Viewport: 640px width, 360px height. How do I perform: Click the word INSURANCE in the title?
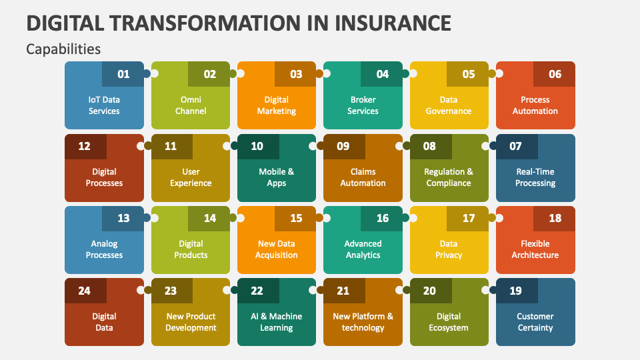tap(389, 22)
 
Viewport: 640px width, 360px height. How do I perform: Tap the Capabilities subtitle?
tap(63, 49)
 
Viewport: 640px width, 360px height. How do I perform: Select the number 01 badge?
tap(123, 74)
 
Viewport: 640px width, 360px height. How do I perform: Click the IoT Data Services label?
tap(104, 105)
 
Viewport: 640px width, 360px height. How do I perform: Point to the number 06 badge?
tap(555, 74)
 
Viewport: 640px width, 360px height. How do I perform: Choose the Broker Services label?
tap(363, 105)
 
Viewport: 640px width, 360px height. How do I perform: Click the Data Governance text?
tap(449, 105)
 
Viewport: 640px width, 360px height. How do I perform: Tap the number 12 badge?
tap(85, 146)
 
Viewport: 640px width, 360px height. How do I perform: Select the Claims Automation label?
tap(363, 177)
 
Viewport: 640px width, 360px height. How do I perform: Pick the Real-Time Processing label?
tap(535, 177)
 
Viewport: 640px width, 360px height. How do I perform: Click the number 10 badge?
tap(257, 146)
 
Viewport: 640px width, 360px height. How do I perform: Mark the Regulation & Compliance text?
tap(449, 177)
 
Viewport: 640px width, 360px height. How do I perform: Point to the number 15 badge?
tap(296, 218)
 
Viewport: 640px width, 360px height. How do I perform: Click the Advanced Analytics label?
tap(363, 249)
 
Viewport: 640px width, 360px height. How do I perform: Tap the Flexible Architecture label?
tap(535, 249)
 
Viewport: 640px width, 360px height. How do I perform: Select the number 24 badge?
tap(85, 290)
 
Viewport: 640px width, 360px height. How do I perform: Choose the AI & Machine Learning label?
tap(277, 321)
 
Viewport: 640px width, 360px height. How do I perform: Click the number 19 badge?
tap(516, 290)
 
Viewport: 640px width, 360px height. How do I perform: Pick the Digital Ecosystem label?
tap(449, 321)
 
